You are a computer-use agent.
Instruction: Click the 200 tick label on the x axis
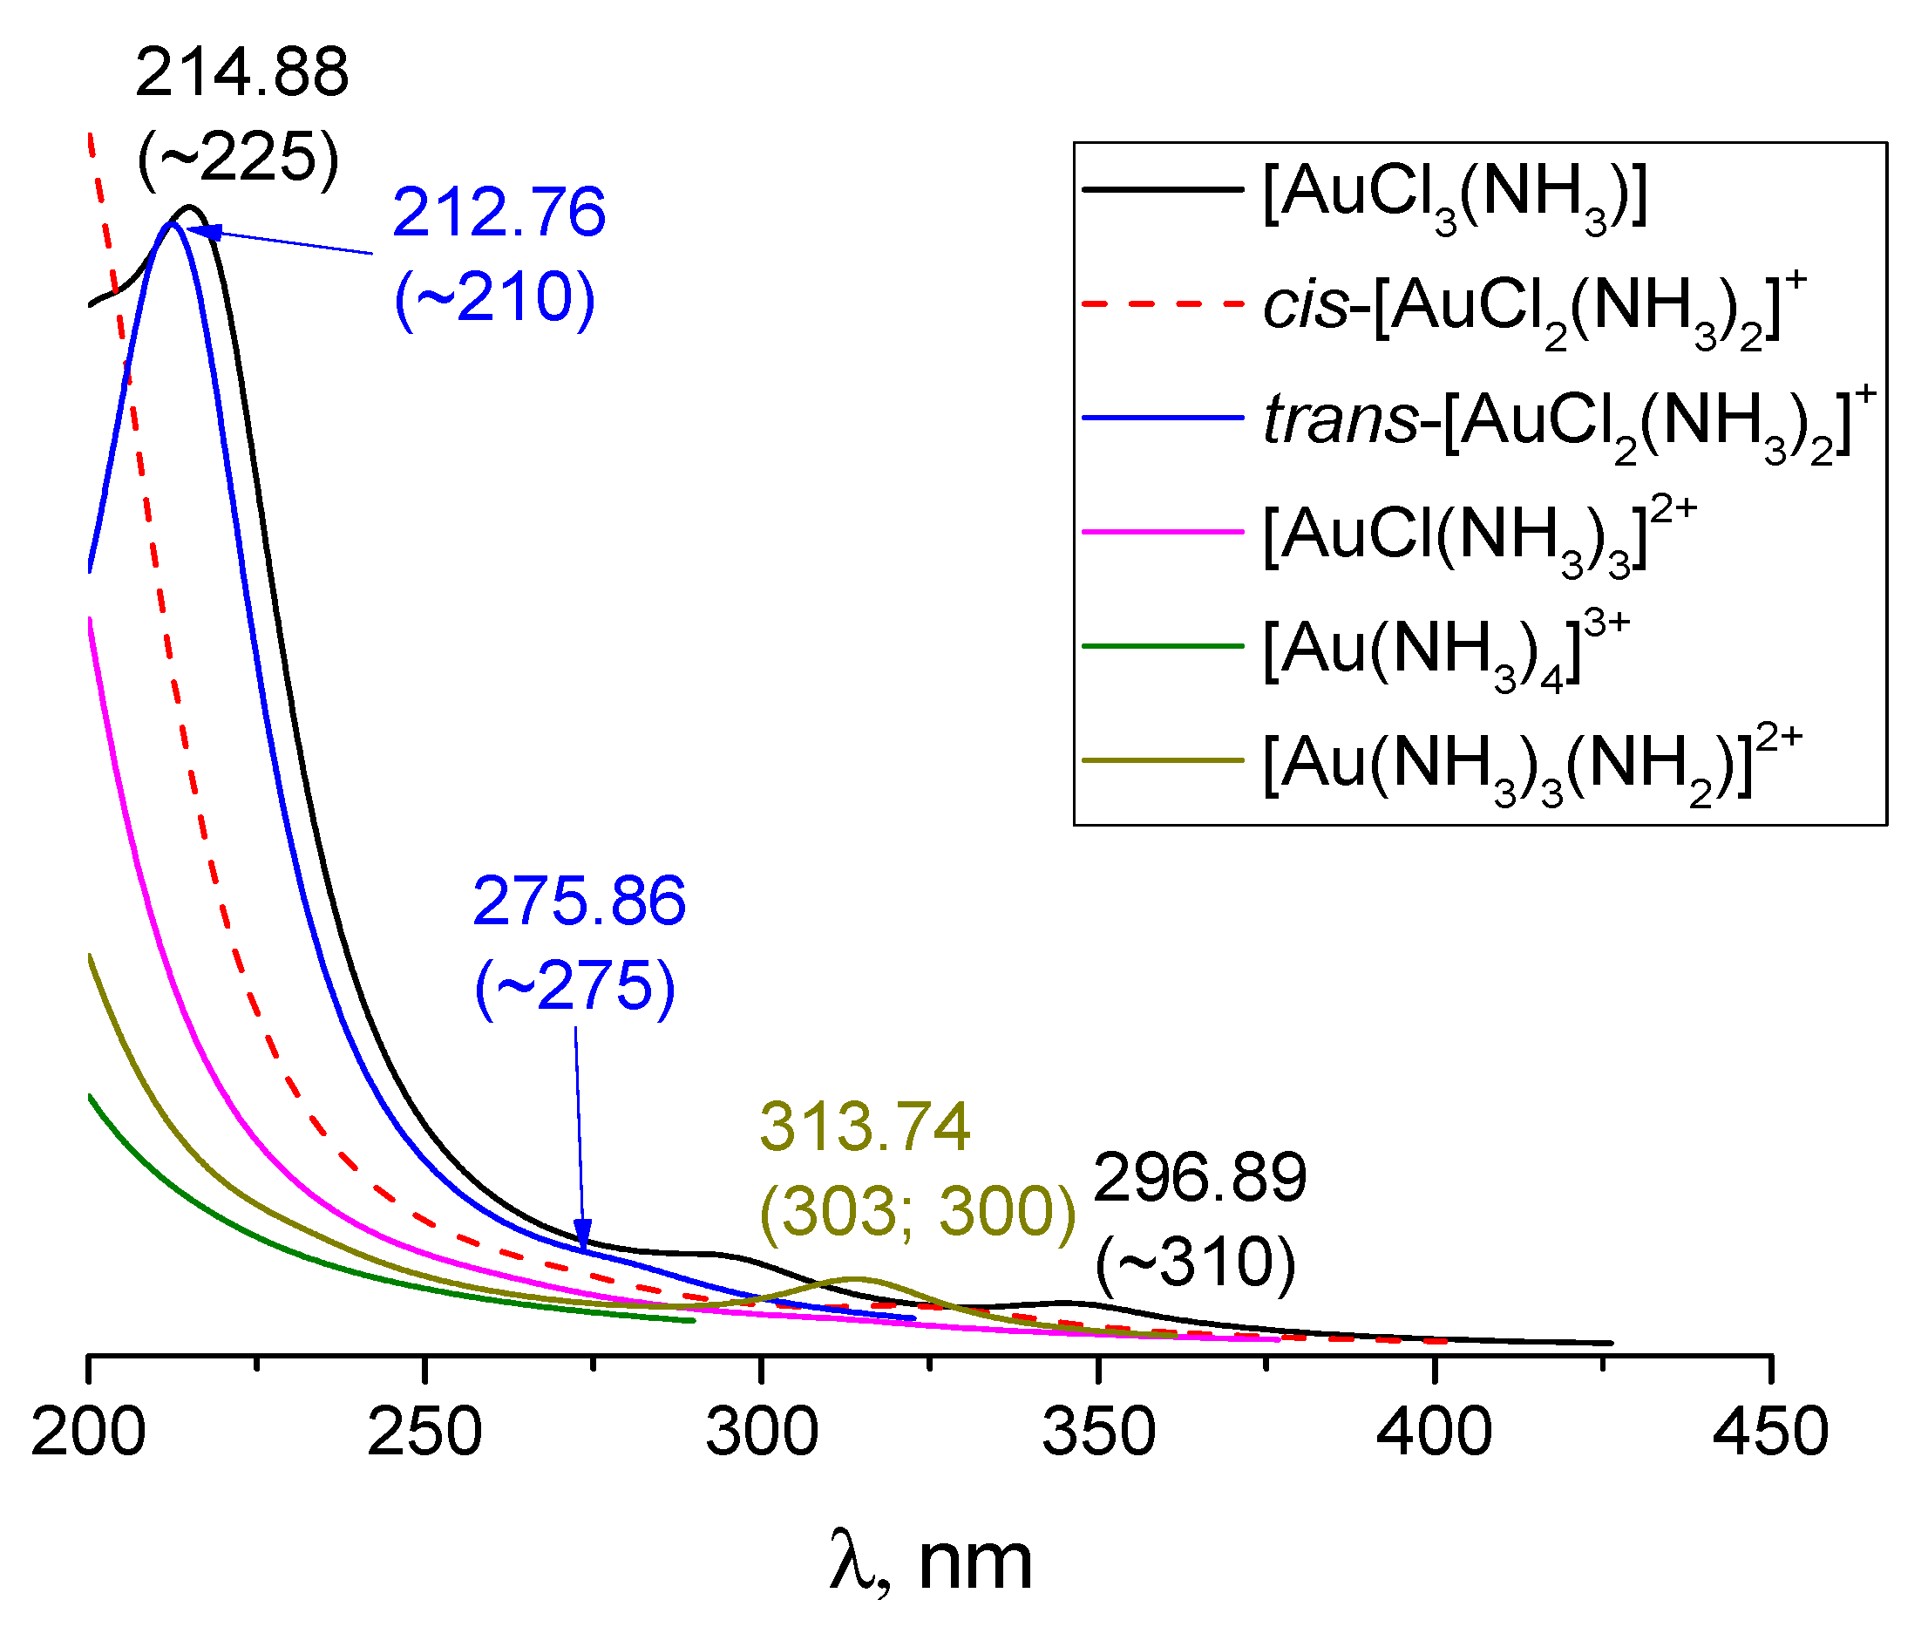tap(89, 1433)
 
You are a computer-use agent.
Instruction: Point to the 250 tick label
tap(424, 1433)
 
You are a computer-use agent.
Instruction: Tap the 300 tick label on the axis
tap(762, 1433)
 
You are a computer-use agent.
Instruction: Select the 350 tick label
tap(1098, 1433)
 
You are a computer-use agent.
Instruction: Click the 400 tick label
tap(1434, 1433)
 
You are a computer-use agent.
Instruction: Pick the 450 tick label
tap(1770, 1433)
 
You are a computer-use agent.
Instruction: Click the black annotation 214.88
tap(241, 73)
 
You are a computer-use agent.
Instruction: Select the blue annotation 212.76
tap(499, 213)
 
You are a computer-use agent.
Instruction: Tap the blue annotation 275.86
tap(579, 901)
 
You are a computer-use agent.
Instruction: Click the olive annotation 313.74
tap(865, 1127)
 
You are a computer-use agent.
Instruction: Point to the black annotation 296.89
tap(1199, 1178)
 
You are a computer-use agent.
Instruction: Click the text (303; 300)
tap(918, 1211)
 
